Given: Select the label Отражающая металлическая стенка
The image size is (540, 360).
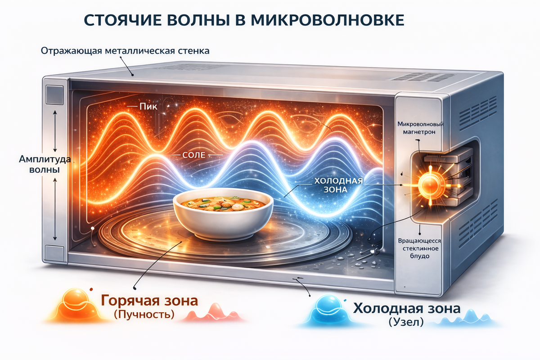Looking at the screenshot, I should click(x=125, y=50).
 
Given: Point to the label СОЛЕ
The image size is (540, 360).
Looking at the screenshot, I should click(x=194, y=155).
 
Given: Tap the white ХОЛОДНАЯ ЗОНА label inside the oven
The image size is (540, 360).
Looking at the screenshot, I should click(x=337, y=184).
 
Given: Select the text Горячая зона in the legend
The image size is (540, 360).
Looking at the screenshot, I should click(x=149, y=301).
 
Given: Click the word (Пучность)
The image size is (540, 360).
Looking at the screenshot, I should click(x=144, y=315).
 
